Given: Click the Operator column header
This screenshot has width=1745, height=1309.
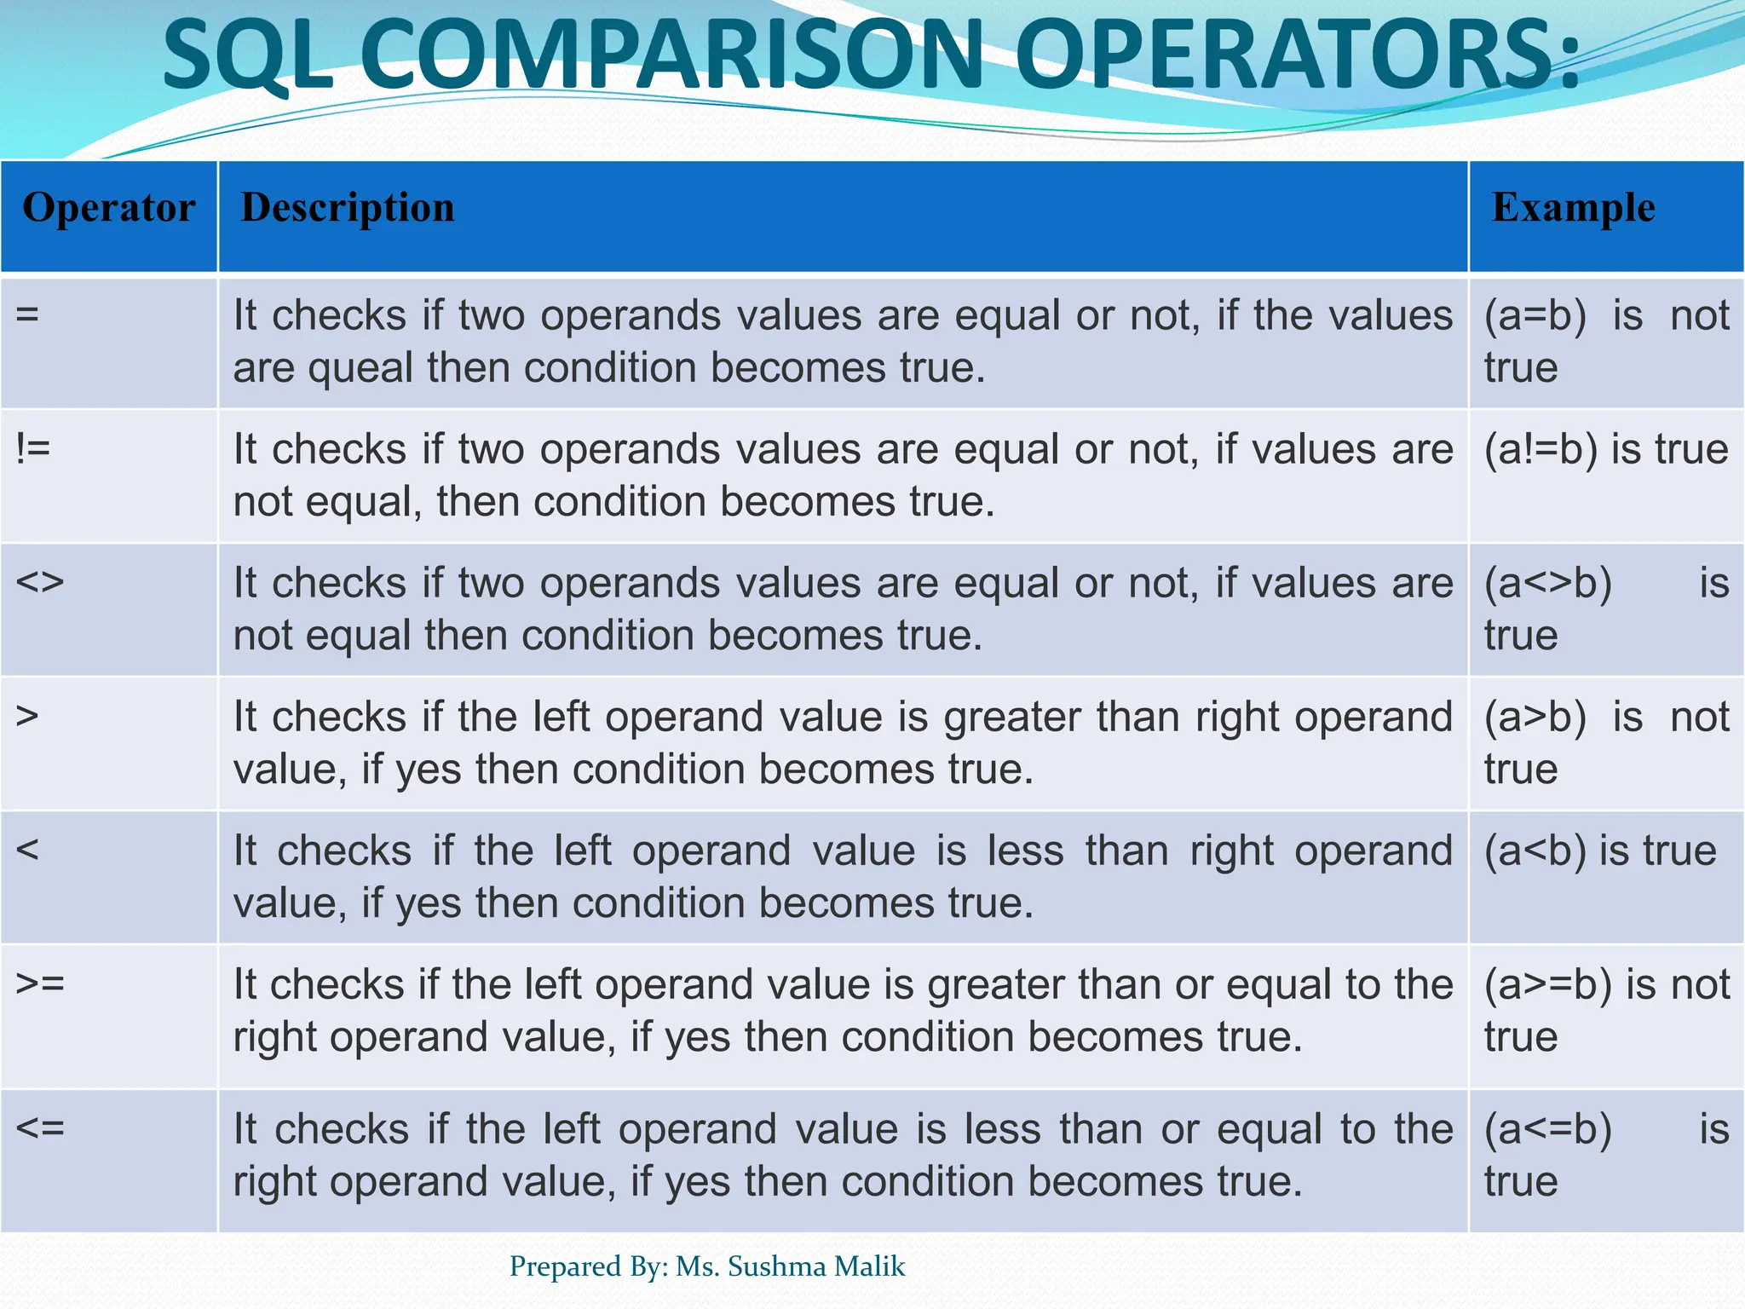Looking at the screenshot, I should [x=109, y=208].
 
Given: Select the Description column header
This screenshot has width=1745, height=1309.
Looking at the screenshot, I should [x=348, y=208].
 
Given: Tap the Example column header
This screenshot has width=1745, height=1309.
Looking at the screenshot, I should [x=1573, y=208].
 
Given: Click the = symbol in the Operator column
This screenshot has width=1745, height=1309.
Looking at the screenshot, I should [x=27, y=314].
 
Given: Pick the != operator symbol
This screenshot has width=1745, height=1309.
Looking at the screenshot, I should [x=33, y=448].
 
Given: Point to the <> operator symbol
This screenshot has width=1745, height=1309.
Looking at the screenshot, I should [x=40, y=583].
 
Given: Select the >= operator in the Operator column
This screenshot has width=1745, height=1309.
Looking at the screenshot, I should [x=40, y=983].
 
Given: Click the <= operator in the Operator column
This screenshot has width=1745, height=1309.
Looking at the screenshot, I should [x=40, y=1128].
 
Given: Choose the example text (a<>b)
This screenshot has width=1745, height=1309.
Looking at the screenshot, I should [x=1548, y=584].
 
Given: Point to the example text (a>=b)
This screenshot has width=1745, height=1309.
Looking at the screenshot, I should [x=1548, y=985].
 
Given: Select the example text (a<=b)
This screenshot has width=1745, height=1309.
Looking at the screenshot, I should [x=1548, y=1130].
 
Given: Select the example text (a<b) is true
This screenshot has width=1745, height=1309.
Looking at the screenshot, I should [x=1600, y=851].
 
